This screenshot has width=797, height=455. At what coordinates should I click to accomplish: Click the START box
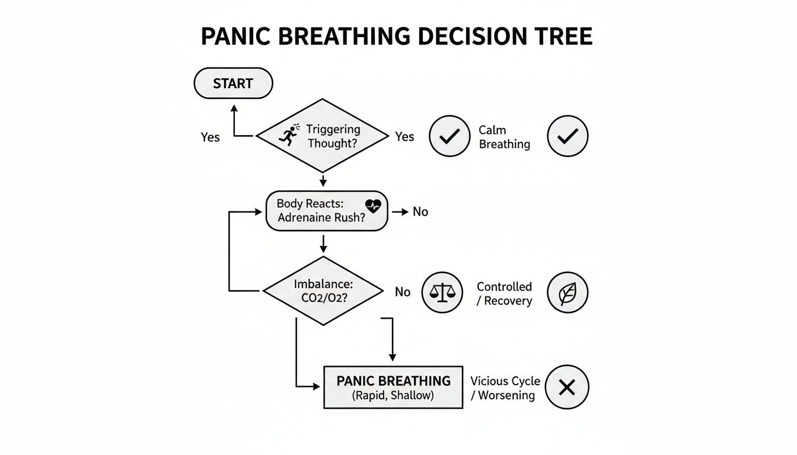tap(233, 84)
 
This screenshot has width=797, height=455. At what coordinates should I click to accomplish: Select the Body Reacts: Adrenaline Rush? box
tap(326, 211)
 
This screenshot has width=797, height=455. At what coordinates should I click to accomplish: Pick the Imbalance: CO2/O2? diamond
tap(323, 291)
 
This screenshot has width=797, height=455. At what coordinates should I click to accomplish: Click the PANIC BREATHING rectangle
tap(393, 387)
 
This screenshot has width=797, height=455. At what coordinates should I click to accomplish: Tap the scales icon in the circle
tap(442, 292)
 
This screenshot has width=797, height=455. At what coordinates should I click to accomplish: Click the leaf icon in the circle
tap(567, 293)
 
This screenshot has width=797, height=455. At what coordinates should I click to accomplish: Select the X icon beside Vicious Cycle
tap(567, 387)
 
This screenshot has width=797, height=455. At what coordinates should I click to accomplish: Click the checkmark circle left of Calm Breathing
tap(449, 136)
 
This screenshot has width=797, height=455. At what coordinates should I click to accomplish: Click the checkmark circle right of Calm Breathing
tap(567, 136)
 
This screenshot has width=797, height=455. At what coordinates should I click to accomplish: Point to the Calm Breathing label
tap(504, 137)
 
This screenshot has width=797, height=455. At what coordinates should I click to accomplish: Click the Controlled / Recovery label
tap(504, 293)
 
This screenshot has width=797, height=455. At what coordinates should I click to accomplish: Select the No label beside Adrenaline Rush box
tap(420, 212)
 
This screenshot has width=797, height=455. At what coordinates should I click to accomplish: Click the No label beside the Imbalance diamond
tap(403, 292)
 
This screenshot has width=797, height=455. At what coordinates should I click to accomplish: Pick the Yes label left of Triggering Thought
tap(210, 137)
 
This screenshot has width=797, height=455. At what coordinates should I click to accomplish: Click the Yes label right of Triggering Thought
tap(404, 137)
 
